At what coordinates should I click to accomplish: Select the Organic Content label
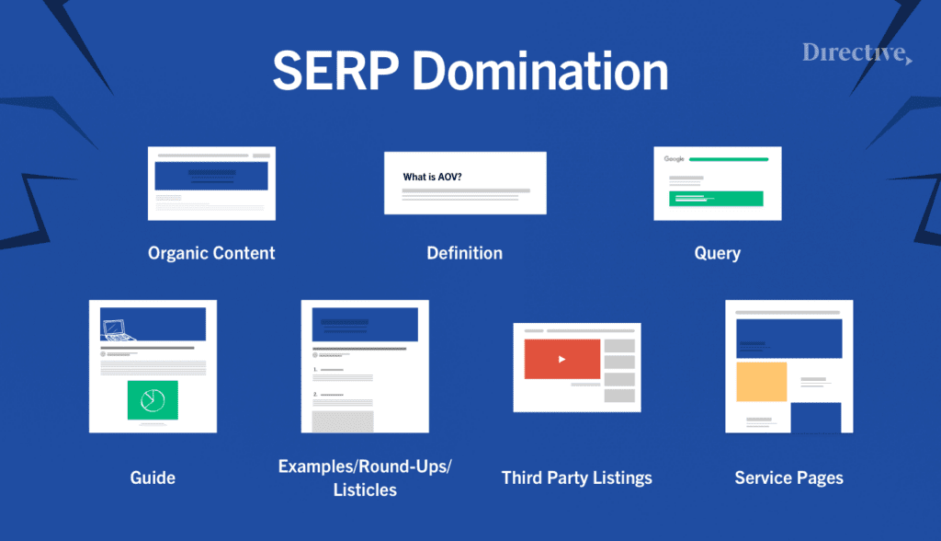(x=211, y=253)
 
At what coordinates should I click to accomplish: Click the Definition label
(x=465, y=253)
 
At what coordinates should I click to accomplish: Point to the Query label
(x=717, y=253)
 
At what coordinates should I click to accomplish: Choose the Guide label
(x=153, y=478)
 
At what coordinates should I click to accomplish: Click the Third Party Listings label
(x=577, y=478)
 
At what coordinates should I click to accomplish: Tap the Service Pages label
(x=788, y=478)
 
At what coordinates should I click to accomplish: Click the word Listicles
(x=365, y=489)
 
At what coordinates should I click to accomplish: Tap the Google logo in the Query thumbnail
(x=675, y=159)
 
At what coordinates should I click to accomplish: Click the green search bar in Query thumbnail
(x=729, y=159)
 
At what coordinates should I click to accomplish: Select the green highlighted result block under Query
(x=716, y=198)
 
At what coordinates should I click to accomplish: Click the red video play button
(x=562, y=359)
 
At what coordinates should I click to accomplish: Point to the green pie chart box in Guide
(x=153, y=399)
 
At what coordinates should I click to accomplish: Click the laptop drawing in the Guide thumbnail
(x=114, y=328)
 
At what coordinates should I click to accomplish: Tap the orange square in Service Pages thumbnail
(x=762, y=381)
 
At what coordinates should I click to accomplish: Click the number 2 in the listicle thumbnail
(x=315, y=394)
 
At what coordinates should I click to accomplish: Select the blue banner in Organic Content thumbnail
(x=211, y=176)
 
